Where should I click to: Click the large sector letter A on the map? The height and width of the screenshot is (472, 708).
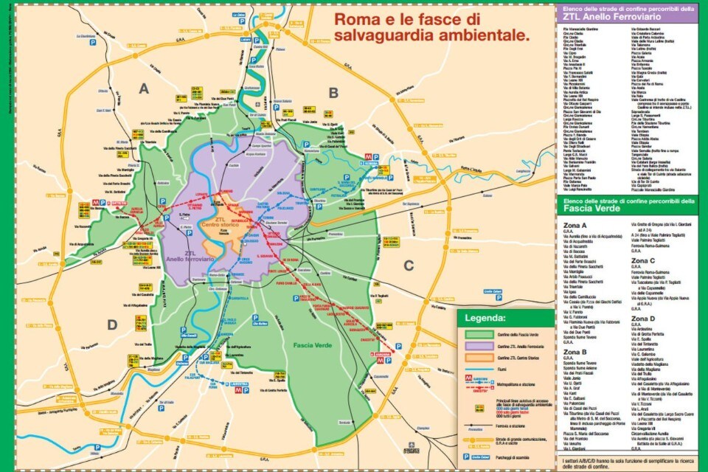[x=144, y=88]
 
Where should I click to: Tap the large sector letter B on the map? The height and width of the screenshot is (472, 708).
[x=333, y=92]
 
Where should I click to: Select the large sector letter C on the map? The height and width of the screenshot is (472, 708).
[x=408, y=265]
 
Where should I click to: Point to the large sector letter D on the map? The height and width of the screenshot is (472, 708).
[x=112, y=324]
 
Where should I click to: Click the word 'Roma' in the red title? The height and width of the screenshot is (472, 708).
[x=361, y=18]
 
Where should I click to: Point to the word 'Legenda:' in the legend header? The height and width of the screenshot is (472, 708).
[x=485, y=319]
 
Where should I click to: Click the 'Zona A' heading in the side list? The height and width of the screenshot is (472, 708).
[x=575, y=226]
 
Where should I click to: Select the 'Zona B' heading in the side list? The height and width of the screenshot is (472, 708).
[x=575, y=352]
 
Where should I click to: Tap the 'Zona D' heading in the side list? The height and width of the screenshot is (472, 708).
[x=643, y=318]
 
